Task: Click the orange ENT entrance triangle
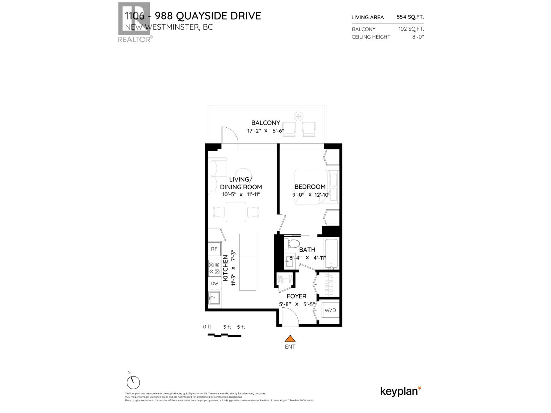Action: (x=290, y=339)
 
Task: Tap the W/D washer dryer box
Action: (x=330, y=310)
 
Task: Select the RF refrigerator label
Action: (x=214, y=249)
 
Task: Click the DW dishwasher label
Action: (x=215, y=284)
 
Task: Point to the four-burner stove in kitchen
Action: (x=214, y=268)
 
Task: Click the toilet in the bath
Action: (x=293, y=244)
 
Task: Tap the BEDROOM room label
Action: (x=310, y=187)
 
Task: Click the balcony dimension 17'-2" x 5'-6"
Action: (x=265, y=131)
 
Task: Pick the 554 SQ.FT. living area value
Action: (x=410, y=17)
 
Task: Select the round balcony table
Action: (x=298, y=116)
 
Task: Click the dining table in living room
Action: (x=236, y=212)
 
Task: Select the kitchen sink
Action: (x=214, y=299)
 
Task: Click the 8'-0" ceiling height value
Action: (x=418, y=37)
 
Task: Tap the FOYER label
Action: (x=297, y=296)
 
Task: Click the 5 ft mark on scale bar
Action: (x=241, y=327)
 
